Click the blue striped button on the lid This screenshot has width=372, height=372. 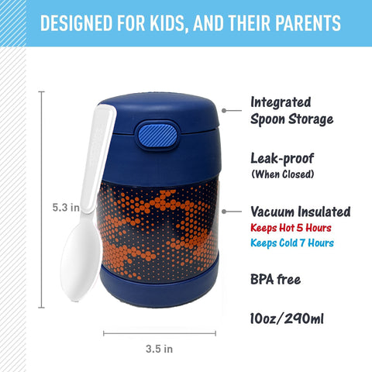click(158, 136)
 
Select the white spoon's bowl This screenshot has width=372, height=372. click(81, 255)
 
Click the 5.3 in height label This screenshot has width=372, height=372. click(66, 208)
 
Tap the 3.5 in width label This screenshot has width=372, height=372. click(159, 349)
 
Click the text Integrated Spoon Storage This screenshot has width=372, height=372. click(292, 111)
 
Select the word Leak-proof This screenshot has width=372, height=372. click(282, 158)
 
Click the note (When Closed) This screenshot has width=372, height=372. click(283, 174)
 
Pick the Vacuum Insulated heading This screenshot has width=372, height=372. click(301, 212)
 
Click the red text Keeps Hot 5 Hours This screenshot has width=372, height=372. click(291, 228)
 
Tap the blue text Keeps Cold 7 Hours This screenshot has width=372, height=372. click(292, 243)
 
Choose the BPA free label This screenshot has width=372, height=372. click(276, 279)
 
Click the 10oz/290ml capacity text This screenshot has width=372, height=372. click(287, 319)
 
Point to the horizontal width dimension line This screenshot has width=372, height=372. click(160, 333)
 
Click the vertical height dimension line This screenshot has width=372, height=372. click(41, 200)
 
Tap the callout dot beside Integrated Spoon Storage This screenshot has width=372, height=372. click(224, 111)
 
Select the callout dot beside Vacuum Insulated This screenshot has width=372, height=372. click(224, 212)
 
